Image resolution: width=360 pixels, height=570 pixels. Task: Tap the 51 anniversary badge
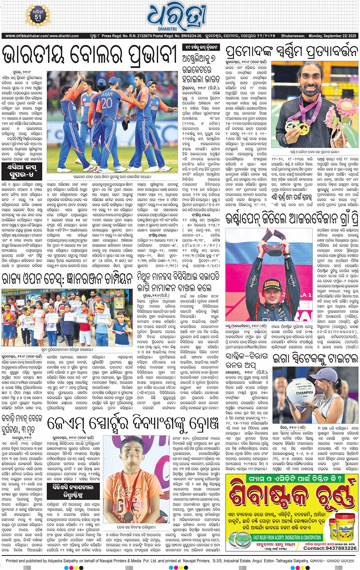point(38,15)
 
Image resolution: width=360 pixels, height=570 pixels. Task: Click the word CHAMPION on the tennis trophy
point(304,392)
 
